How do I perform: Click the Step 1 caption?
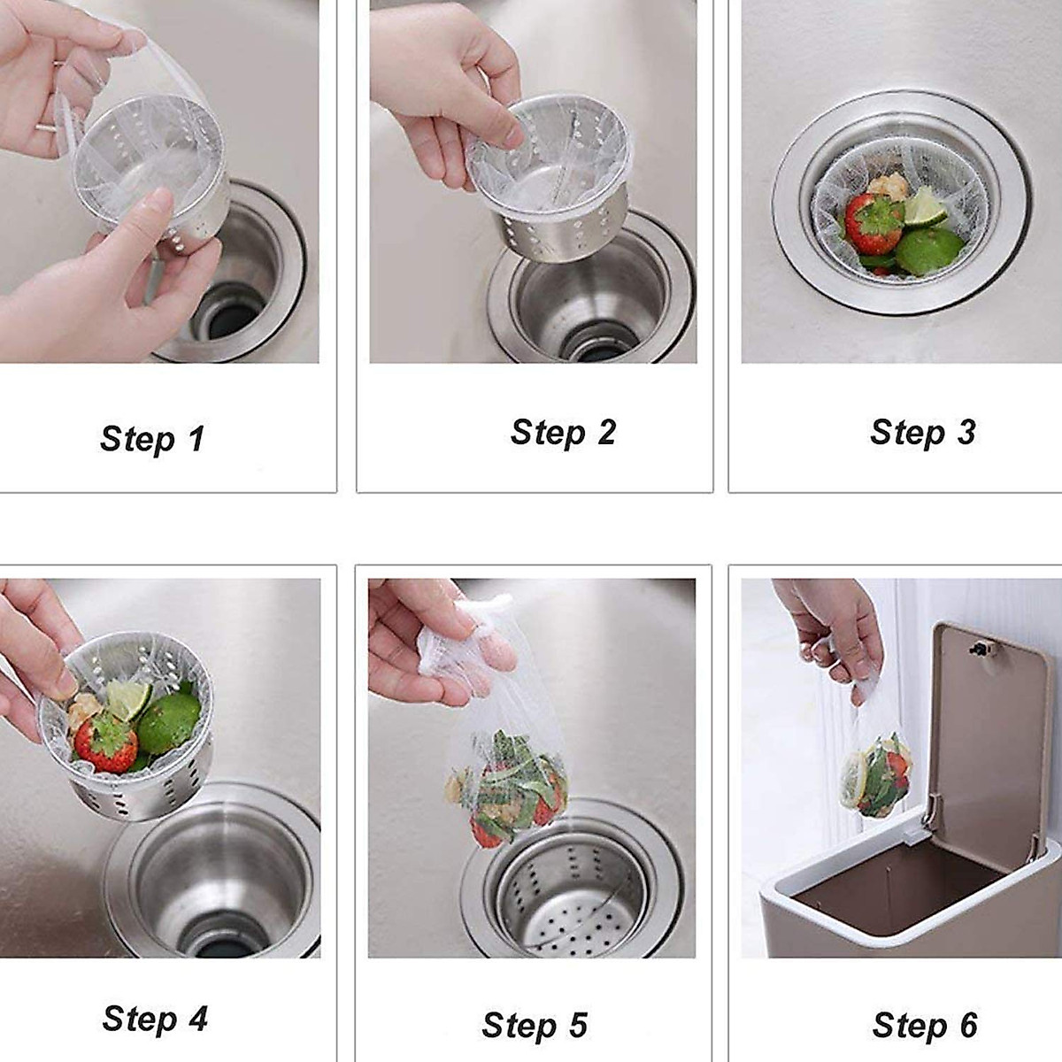click(152, 439)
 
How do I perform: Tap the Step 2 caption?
click(563, 433)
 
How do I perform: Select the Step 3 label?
click(922, 433)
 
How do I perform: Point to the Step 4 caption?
click(155, 1019)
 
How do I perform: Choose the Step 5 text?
click(535, 1026)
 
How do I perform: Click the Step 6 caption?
click(925, 1026)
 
